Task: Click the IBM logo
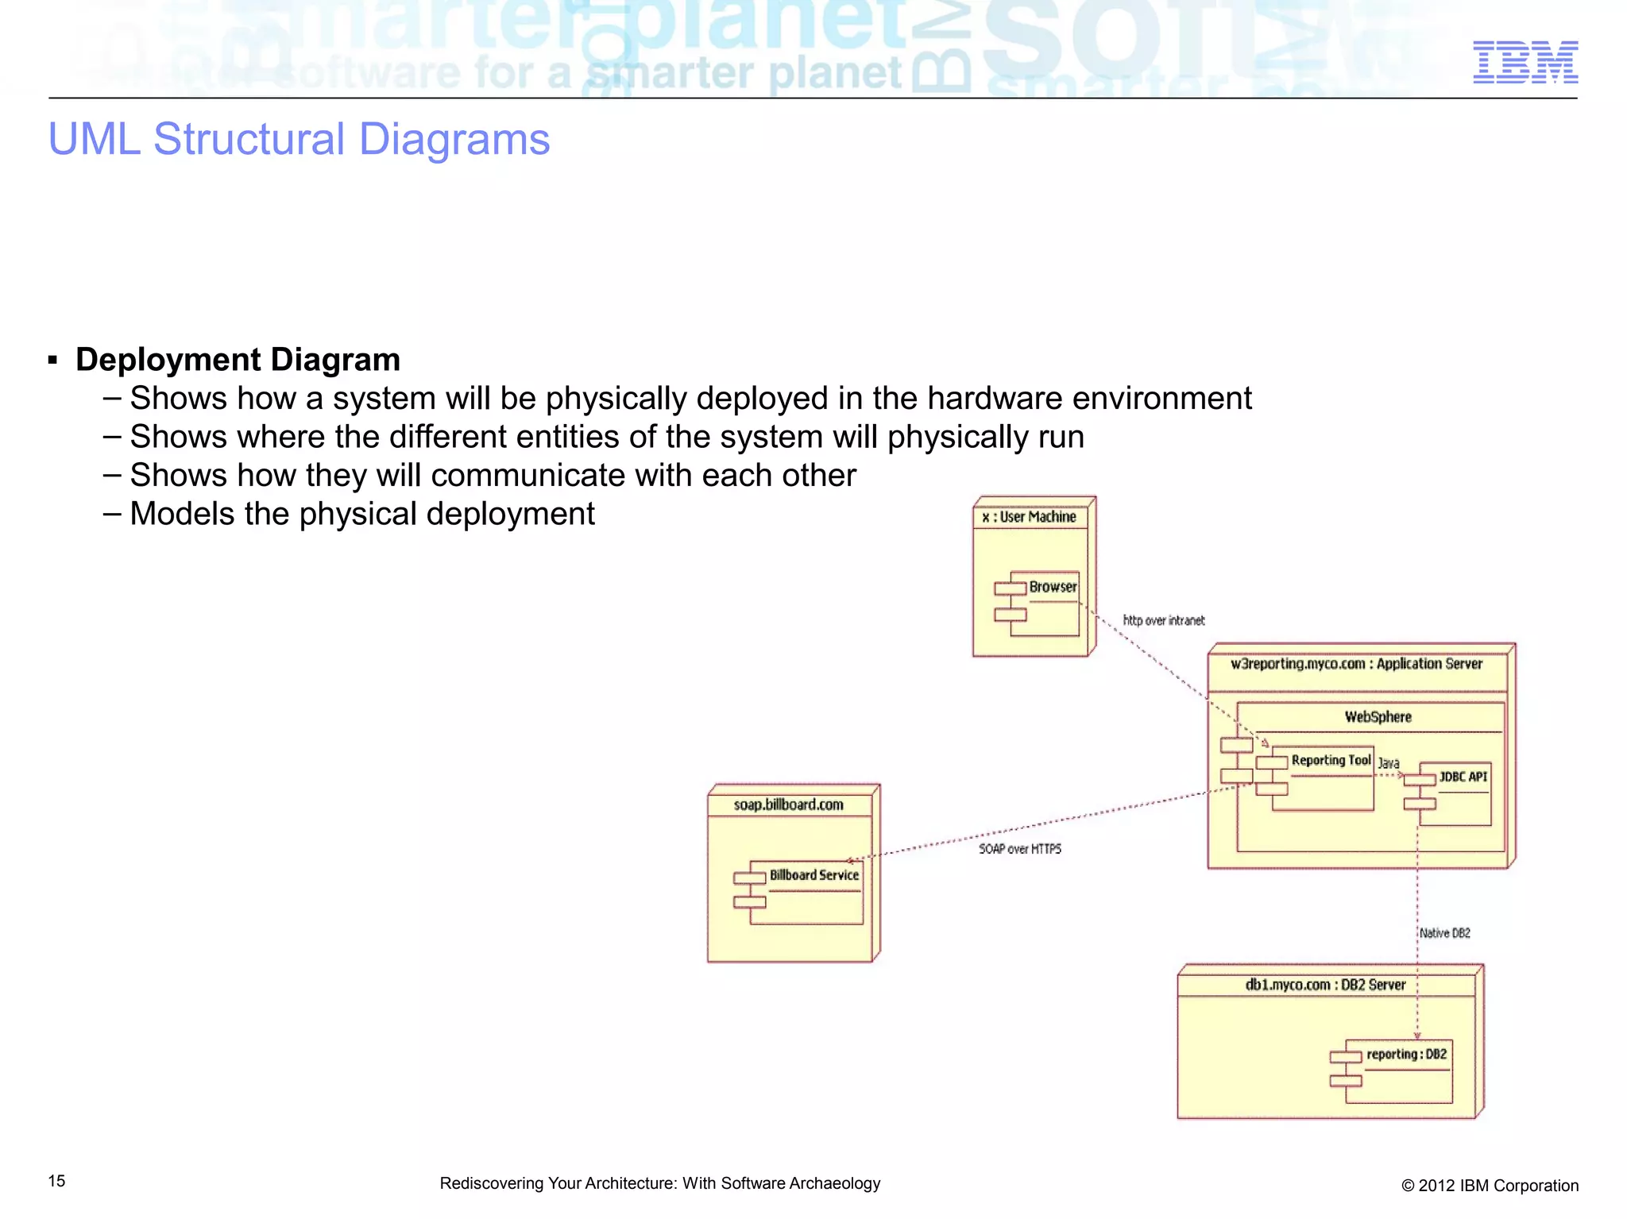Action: tap(1525, 62)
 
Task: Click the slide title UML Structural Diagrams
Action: tap(299, 139)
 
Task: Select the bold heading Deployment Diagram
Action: tap(238, 360)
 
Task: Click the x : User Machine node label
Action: tap(1029, 517)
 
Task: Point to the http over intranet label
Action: tap(1163, 620)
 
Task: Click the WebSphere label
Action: tap(1378, 717)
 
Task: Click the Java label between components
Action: tap(1388, 763)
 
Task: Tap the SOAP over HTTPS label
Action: tap(1019, 849)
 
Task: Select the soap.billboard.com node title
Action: tap(788, 805)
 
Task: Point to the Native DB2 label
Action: tap(1444, 933)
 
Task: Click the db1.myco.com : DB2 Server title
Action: tap(1325, 986)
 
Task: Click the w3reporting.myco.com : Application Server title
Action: tap(1356, 664)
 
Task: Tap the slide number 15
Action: tap(56, 1181)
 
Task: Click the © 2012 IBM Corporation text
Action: tap(1489, 1186)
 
